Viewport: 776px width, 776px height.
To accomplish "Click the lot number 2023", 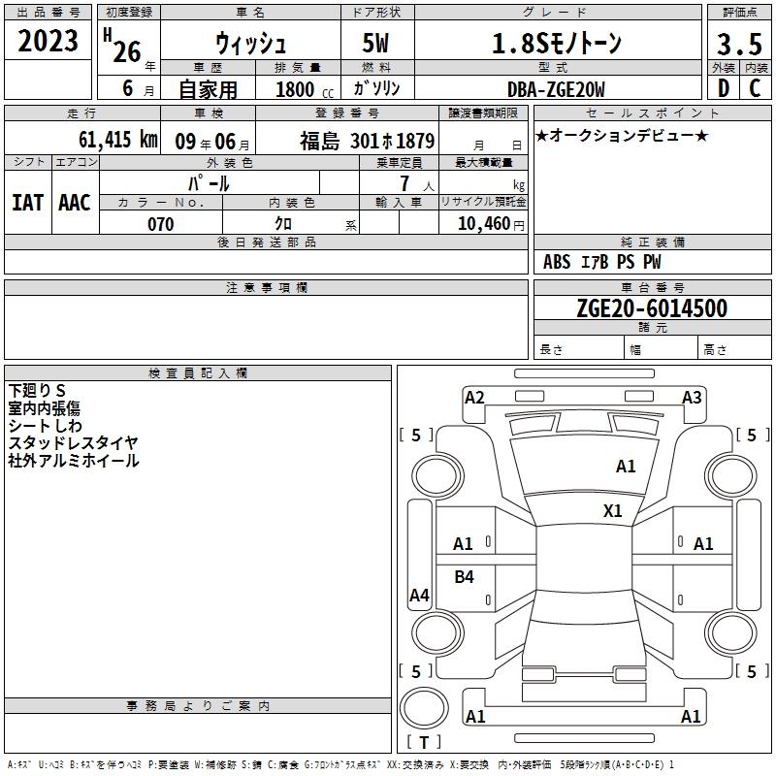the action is (x=48, y=41).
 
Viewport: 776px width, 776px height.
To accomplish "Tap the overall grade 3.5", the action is (x=739, y=45).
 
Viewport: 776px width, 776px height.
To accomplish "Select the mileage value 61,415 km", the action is (x=118, y=140).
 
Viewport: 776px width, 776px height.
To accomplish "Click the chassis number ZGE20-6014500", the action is (x=652, y=307).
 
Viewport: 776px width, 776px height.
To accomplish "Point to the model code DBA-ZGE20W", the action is (x=556, y=89).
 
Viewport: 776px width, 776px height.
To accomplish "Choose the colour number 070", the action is (x=161, y=224).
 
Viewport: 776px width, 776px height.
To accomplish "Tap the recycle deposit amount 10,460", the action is (x=484, y=224).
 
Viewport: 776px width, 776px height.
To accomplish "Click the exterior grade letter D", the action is (x=724, y=88).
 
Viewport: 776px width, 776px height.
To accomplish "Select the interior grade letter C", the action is (x=755, y=88).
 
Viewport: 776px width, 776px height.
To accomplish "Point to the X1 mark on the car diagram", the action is (x=613, y=511).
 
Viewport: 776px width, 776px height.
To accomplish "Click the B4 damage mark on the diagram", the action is (x=465, y=576).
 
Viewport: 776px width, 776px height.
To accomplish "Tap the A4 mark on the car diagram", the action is (x=419, y=595).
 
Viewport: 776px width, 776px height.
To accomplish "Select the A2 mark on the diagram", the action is (x=474, y=398).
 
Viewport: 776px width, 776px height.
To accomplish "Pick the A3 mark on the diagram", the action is (x=692, y=398).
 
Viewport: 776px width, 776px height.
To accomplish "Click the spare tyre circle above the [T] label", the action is (x=424, y=708).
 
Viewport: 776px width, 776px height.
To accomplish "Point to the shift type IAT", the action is (x=27, y=203).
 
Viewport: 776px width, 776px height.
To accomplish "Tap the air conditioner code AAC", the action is (x=75, y=203).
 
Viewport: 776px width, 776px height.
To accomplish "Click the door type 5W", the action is (x=375, y=43).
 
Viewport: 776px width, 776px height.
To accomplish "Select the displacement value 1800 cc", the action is (x=305, y=89).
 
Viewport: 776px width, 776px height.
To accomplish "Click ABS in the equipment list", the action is (x=557, y=262).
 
